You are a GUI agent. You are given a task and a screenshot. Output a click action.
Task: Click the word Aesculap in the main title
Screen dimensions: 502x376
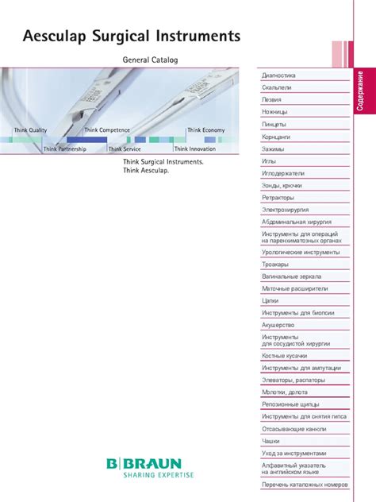55,37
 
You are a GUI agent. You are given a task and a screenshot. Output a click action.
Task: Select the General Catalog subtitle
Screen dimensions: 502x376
150,60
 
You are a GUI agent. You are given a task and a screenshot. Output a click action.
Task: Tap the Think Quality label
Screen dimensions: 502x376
31,129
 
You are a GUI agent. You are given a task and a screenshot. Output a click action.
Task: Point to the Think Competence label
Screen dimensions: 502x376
108,129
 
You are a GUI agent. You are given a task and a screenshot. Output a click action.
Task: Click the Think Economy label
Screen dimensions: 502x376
205,129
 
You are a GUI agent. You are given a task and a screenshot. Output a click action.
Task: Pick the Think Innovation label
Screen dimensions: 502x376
194,149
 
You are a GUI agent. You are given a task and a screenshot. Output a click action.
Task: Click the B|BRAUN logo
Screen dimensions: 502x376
144,463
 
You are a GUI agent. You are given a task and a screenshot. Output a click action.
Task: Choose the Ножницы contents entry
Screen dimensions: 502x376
276,112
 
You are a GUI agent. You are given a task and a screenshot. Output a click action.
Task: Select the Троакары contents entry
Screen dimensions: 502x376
275,264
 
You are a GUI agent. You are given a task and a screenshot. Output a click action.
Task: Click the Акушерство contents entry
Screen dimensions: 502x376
278,325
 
